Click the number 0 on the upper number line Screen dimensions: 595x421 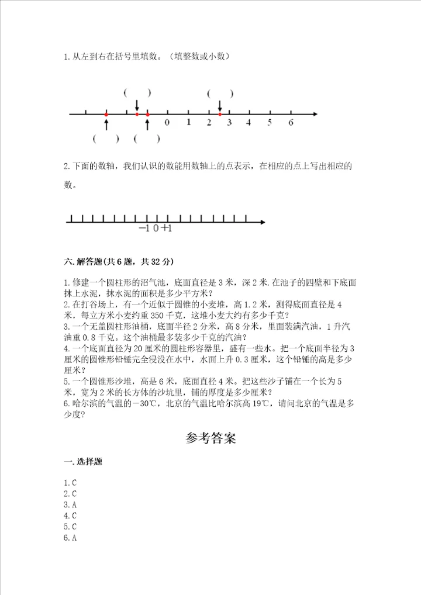[167, 123]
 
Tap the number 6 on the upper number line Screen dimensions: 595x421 [291, 123]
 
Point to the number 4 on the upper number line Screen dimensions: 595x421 [249, 123]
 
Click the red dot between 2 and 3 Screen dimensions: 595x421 [220, 114]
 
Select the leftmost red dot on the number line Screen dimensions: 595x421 [106, 114]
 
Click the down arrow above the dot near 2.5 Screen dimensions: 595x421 [220, 105]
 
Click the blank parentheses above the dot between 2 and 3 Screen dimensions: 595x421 [220, 93]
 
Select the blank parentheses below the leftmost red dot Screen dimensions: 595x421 [106, 139]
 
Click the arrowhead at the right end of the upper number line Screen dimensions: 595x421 [315, 113]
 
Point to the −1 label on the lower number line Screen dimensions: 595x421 [144, 229]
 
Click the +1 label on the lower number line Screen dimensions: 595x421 [167, 229]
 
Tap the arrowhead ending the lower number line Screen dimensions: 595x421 [263, 222]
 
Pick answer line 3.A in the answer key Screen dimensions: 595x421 [71, 504]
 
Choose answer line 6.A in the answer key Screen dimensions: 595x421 [71, 538]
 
